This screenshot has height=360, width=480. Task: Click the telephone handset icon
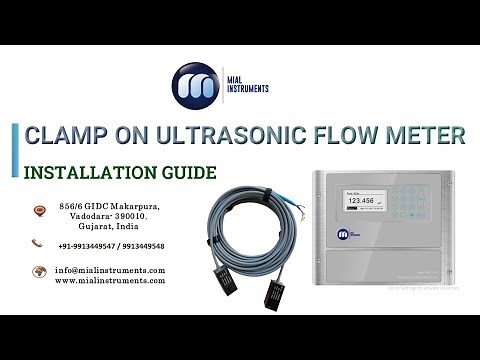[38, 243]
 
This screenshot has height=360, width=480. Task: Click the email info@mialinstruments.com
[110, 270]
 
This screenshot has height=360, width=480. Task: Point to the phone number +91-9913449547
[87, 246]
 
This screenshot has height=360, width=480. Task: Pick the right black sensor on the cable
[274, 296]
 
